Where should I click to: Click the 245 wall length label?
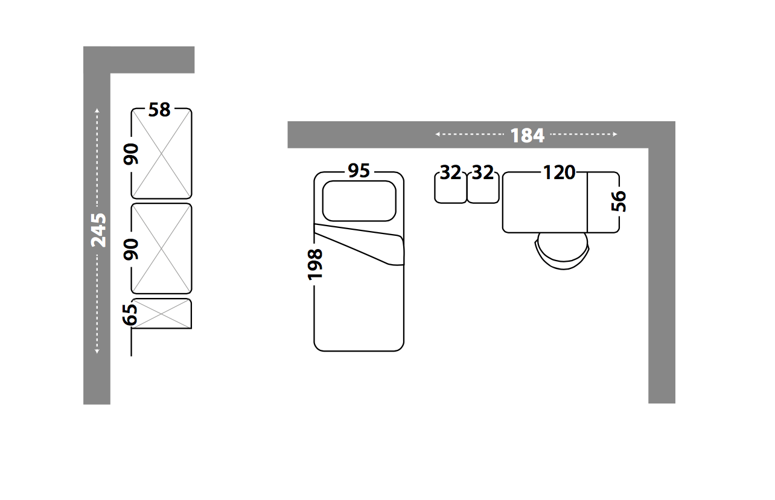pos(98,230)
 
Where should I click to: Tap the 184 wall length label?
pos(528,136)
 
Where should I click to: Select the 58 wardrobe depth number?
pos(159,110)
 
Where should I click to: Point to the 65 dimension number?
pos(130,315)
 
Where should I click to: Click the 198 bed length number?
pos(315,265)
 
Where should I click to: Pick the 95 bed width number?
pos(359,171)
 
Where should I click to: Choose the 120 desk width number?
pos(559,172)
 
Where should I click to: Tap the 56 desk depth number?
pos(619,201)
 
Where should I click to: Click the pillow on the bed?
pos(359,201)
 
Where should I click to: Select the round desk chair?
pos(563,251)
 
